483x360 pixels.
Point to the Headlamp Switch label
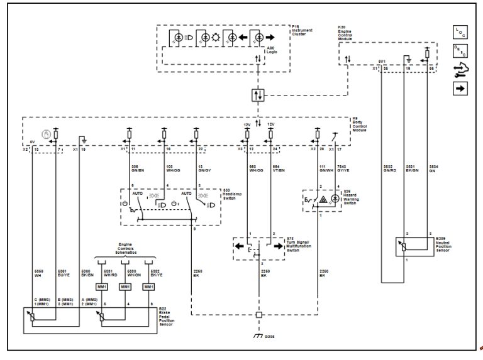pyautogui.click(x=233, y=194)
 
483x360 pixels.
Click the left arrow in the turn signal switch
pyautogui.click(x=241, y=246)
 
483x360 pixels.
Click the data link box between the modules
pyautogui.click(x=258, y=95)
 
